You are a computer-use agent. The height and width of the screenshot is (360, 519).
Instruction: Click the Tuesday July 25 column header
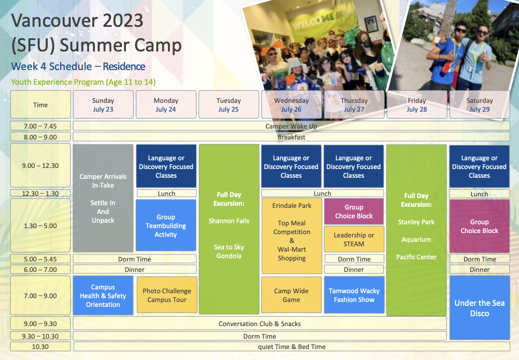pos(229,104)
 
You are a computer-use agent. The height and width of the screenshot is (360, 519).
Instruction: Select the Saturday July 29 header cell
pos(480,104)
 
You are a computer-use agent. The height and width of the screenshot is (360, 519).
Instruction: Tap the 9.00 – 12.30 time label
pos(41,165)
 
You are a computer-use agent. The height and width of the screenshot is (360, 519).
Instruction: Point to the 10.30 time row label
pos(41,347)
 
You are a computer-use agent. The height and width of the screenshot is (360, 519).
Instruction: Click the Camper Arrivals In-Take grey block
pos(103,198)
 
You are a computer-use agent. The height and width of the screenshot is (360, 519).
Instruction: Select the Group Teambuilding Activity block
pos(166,225)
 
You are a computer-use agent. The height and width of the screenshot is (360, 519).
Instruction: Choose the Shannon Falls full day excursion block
pos(229,229)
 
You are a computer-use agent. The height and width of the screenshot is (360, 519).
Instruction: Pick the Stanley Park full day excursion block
pos(417,230)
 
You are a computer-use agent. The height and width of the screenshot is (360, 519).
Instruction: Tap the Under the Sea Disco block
pos(480,307)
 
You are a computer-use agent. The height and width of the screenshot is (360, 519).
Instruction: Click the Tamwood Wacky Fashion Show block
pos(354,295)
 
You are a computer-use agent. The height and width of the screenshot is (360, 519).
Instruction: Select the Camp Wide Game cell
pos(291,295)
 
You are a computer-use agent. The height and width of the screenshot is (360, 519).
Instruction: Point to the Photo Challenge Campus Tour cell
pos(167,295)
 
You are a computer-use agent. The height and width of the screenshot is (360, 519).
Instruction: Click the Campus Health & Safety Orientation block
pos(103,295)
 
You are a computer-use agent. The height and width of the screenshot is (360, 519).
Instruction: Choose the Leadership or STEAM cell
pos(354,239)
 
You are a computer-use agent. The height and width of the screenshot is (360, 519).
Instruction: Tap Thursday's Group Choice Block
pos(354,211)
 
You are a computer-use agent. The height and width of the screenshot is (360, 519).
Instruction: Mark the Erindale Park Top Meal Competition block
pos(292,236)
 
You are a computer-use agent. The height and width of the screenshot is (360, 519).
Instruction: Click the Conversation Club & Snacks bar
pos(259,323)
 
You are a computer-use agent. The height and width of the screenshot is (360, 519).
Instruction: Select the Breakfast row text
pos(291,137)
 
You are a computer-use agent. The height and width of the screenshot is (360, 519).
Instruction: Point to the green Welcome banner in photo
pos(318,21)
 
